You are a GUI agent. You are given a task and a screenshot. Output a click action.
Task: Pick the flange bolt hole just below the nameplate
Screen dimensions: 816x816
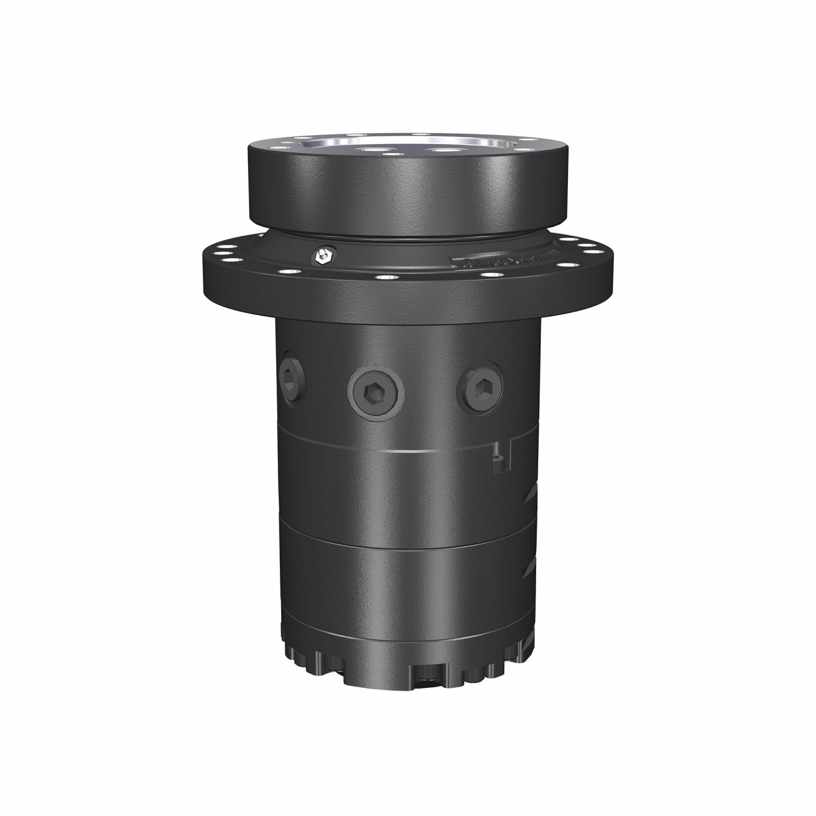coord(489,275)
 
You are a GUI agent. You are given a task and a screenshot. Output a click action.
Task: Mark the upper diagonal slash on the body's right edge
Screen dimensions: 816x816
coord(530,492)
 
